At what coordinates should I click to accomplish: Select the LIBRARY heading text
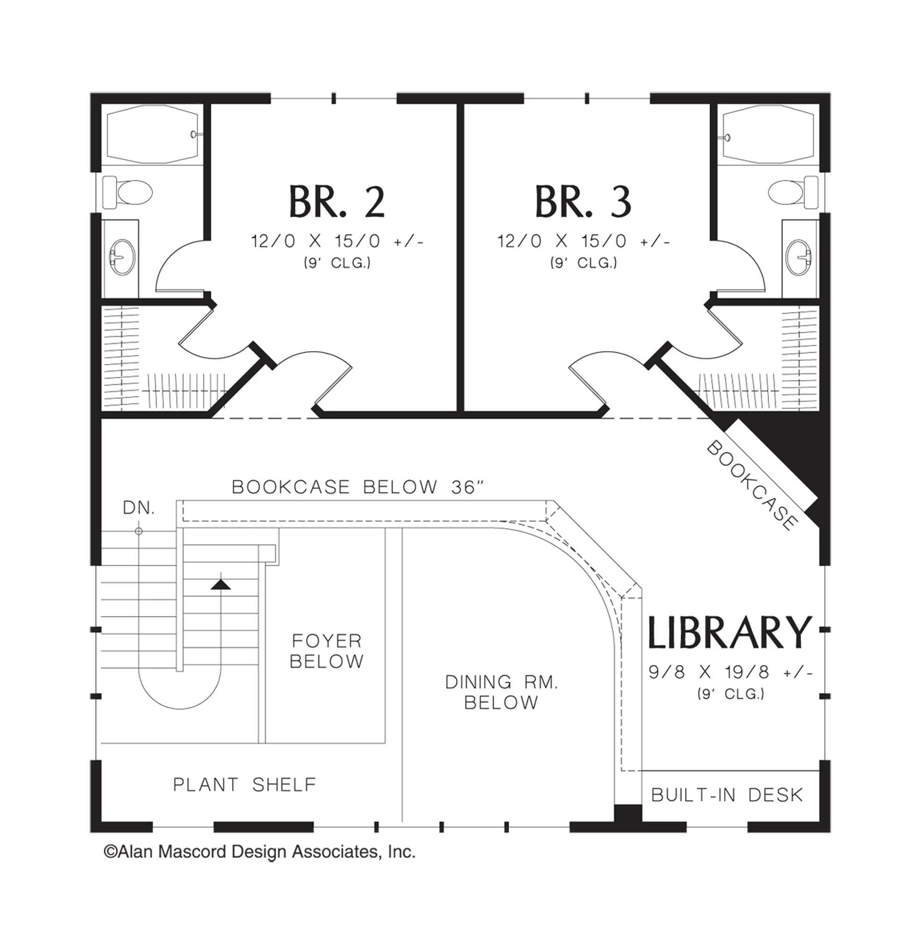click(x=730, y=631)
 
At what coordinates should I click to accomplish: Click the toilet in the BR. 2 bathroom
click(x=128, y=192)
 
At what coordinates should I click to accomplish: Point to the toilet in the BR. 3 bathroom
click(x=793, y=192)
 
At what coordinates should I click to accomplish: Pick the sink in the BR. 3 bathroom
click(x=799, y=257)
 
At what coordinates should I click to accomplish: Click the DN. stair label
click(x=139, y=508)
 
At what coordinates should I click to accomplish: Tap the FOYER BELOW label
click(x=327, y=651)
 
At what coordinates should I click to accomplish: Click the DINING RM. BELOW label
click(x=501, y=692)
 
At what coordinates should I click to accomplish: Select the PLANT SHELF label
click(x=245, y=785)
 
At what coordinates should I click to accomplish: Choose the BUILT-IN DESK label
click(x=727, y=795)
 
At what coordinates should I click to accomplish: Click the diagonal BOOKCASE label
click(x=751, y=485)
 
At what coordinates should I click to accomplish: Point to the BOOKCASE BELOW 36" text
click(x=358, y=487)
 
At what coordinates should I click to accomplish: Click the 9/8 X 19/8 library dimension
click(x=731, y=672)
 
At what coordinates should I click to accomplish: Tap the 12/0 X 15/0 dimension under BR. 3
click(x=583, y=241)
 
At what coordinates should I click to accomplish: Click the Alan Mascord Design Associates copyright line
click(x=260, y=852)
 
